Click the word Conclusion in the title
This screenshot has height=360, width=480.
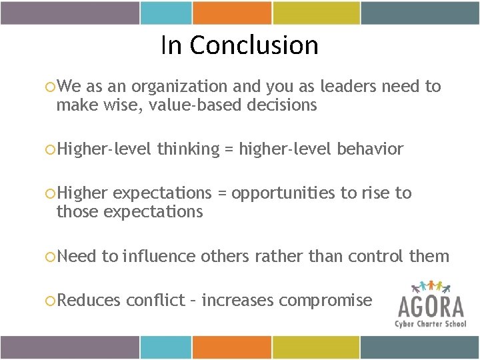tap(253, 45)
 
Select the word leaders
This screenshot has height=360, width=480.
tap(351, 87)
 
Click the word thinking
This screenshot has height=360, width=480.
tap(188, 149)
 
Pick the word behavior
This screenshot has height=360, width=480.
tap(370, 149)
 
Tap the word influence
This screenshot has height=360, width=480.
tap(159, 256)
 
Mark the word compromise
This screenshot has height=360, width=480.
tap(325, 301)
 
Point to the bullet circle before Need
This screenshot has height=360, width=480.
tap(49, 257)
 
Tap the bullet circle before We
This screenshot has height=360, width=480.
tap(49, 87)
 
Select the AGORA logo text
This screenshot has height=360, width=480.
tap(431, 307)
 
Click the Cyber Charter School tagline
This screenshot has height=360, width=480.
tap(431, 323)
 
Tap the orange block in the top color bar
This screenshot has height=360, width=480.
tap(232, 13)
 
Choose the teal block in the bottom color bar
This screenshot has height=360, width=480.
tap(165, 347)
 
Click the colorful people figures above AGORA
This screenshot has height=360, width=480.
tap(431, 287)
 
